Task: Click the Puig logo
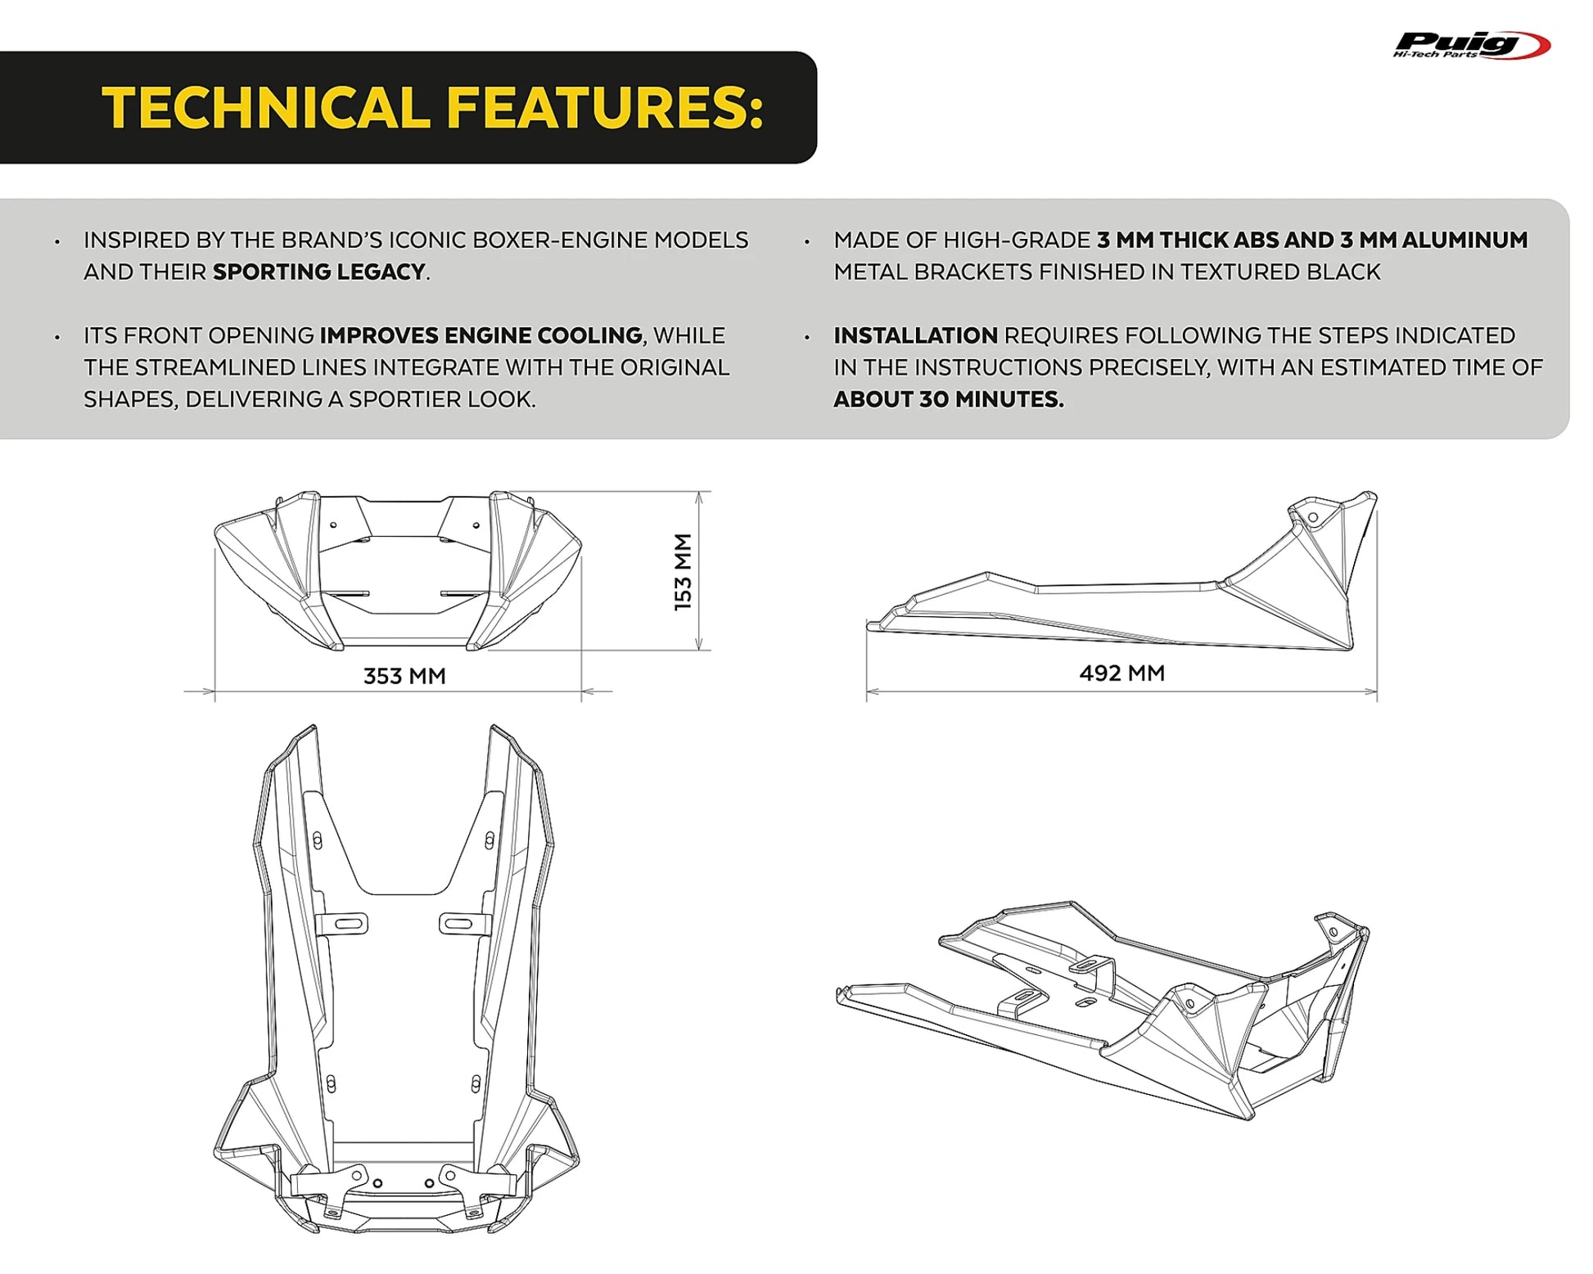(x=1471, y=45)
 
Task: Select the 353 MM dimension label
(x=404, y=676)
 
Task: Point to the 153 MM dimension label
(x=683, y=571)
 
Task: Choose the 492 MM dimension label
(x=1121, y=673)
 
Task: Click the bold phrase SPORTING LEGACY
(x=318, y=272)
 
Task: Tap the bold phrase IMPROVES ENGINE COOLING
(x=481, y=335)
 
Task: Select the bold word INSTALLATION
(x=915, y=335)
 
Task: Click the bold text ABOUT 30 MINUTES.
(x=949, y=399)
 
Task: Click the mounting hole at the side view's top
(x=1313, y=518)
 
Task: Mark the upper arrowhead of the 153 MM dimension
(x=698, y=497)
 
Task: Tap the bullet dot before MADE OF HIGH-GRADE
(x=807, y=241)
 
